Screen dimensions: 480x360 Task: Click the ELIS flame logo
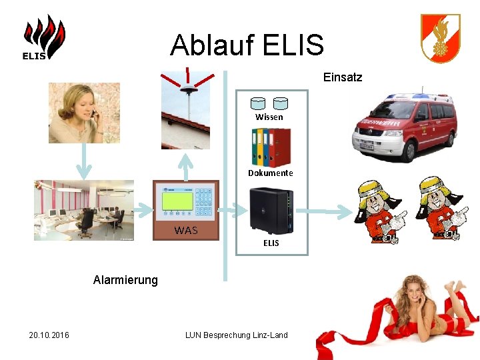click(44, 38)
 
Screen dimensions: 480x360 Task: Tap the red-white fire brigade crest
click(440, 38)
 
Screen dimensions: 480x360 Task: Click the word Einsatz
click(343, 77)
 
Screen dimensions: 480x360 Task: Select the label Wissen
click(269, 117)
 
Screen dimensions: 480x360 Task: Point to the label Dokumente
click(270, 173)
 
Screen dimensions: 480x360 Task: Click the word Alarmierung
click(125, 280)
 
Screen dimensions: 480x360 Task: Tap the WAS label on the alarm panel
click(186, 231)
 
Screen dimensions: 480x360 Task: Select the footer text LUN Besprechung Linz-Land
click(236, 335)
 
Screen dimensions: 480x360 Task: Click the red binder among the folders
click(282, 147)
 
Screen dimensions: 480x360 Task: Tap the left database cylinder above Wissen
click(258, 103)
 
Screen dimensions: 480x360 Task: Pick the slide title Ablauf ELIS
click(247, 45)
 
